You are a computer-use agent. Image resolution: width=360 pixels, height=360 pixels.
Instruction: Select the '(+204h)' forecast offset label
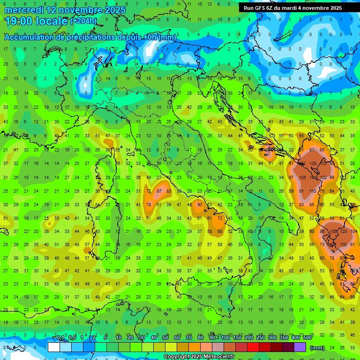point(83,21)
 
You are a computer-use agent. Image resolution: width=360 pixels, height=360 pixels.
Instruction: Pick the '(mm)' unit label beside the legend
point(317,348)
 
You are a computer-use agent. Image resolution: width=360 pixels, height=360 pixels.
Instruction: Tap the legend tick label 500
point(307,338)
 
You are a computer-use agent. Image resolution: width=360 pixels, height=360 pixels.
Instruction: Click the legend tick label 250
point(260,338)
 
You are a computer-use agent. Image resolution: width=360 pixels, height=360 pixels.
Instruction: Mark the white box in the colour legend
point(54,347)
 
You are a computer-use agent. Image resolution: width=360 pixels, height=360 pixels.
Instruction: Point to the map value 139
point(313,164)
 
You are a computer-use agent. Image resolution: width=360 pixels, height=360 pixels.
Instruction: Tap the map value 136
point(334,232)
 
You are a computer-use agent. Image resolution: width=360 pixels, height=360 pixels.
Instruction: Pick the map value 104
point(354,232)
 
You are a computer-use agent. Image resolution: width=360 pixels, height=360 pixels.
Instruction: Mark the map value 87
point(159,191)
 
